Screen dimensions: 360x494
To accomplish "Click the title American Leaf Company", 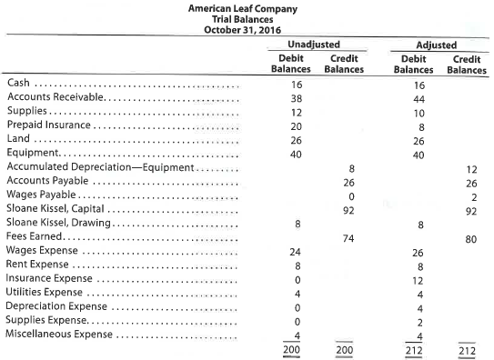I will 247,7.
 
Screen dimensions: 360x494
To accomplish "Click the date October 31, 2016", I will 247,31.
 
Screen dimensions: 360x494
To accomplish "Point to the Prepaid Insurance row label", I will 45,125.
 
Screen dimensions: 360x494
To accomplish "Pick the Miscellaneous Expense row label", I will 56,334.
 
